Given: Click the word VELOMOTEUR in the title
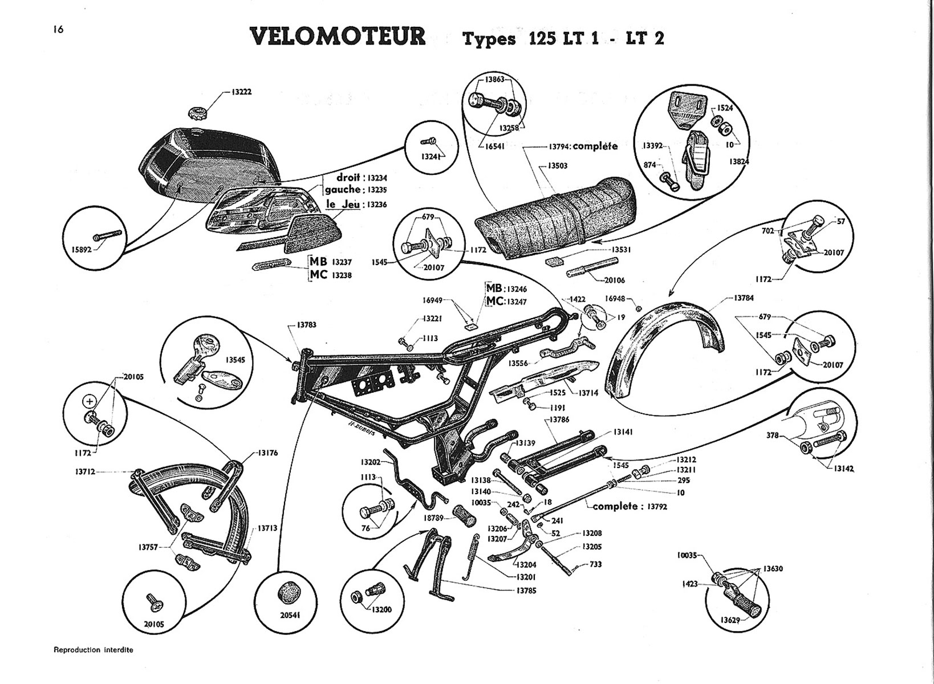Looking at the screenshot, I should (x=338, y=36).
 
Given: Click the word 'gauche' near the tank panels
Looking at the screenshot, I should (x=342, y=189).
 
